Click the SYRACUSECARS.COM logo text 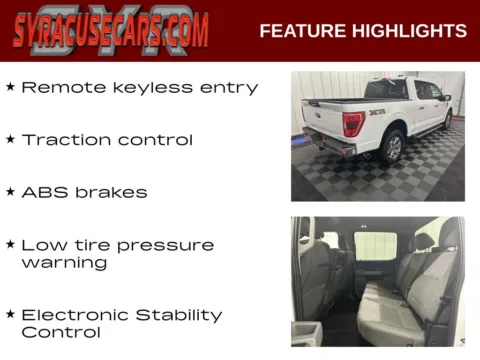(111, 31)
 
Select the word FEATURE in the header (301, 31)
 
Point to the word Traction (65, 140)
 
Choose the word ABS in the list (42, 192)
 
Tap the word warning (63, 263)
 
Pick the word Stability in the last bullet (180, 315)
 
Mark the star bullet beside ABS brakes (10, 191)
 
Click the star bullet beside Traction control (10, 139)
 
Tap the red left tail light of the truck (352, 124)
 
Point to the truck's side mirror (447, 98)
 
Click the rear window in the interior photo (376, 245)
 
